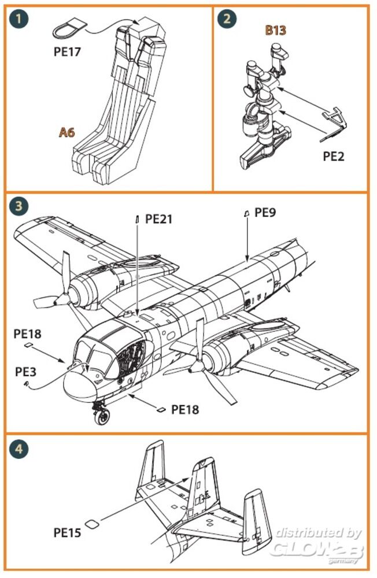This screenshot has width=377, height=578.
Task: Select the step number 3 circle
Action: click(x=19, y=206)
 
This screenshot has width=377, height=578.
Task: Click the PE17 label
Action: click(x=66, y=51)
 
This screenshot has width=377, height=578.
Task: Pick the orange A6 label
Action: click(x=67, y=132)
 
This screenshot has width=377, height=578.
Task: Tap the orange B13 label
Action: click(x=275, y=30)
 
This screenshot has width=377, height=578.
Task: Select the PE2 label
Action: click(x=332, y=157)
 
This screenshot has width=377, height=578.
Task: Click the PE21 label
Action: click(x=159, y=219)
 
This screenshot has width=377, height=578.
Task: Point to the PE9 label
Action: click(x=265, y=213)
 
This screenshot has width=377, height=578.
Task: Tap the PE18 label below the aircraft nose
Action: click(x=185, y=409)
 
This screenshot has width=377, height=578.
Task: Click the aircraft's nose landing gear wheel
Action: click(x=104, y=415)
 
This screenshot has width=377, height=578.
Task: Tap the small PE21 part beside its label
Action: click(x=138, y=218)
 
